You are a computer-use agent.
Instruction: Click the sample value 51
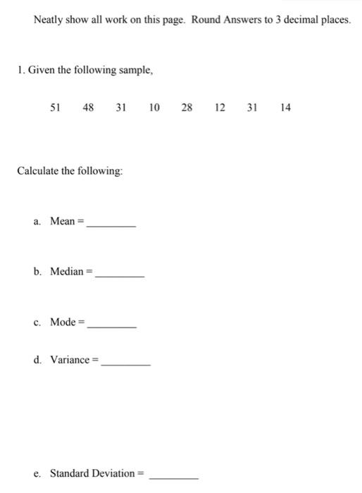click(55, 108)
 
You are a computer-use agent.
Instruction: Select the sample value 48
click(88, 108)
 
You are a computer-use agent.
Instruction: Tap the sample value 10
click(154, 108)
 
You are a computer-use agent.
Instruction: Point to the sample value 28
click(187, 108)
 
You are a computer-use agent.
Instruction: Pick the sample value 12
click(220, 108)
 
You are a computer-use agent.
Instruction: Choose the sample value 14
click(285, 108)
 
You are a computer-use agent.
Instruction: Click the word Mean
click(63, 221)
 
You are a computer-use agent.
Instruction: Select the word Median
click(67, 271)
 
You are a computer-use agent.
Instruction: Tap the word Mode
click(63, 322)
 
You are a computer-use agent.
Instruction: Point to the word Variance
click(70, 360)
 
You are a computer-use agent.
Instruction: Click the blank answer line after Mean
click(111, 225)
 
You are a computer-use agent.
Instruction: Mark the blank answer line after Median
click(119, 275)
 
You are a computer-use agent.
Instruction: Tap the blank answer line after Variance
click(125, 364)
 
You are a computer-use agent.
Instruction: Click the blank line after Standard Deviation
click(173, 477)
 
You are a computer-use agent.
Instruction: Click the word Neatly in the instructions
click(49, 20)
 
